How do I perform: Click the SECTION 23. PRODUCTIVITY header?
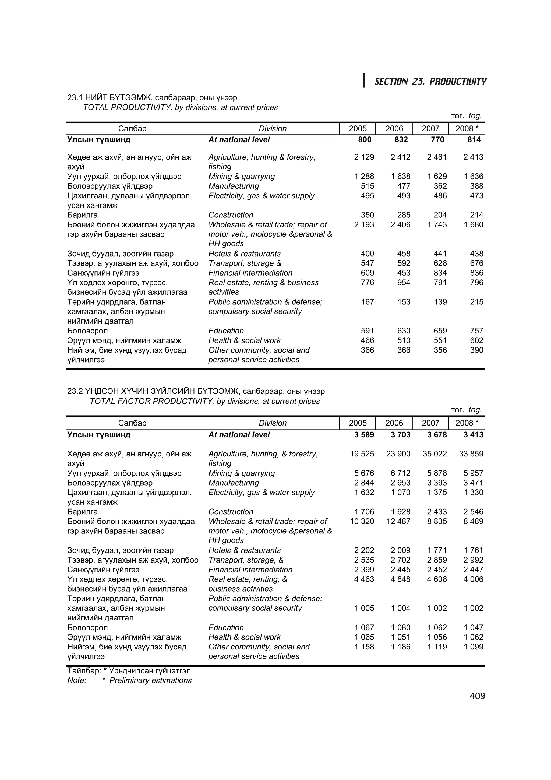pyautogui.click(x=430, y=82)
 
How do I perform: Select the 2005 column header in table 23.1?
pyautogui.click(x=358, y=128)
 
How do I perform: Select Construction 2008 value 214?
pyautogui.click(x=476, y=215)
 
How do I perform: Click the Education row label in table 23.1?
pyautogui.click(x=226, y=331)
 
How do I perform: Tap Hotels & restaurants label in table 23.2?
pyautogui.click(x=245, y=550)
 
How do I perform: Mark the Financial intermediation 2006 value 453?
pyautogui.click(x=404, y=273)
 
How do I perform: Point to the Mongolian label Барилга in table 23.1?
pyautogui.click(x=83, y=215)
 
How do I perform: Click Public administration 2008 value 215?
pyautogui.click(x=476, y=302)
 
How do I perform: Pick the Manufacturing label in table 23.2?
pyautogui.click(x=233, y=483)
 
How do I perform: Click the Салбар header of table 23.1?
pyautogui.click(x=132, y=128)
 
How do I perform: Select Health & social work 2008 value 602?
pyautogui.click(x=476, y=340)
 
